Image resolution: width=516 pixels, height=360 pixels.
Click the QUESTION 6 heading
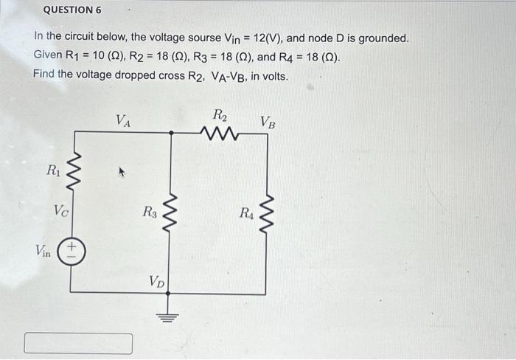point(72,10)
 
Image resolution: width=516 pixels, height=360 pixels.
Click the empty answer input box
point(79,344)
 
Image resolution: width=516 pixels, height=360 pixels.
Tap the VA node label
point(123,121)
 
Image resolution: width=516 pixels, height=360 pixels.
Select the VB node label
point(268,122)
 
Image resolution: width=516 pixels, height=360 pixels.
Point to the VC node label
point(61,210)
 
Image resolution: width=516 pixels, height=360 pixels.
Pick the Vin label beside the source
point(43,250)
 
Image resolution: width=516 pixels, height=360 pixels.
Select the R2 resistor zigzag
point(220,134)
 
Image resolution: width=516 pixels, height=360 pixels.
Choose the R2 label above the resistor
point(220,115)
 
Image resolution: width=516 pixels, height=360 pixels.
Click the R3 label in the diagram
point(150,213)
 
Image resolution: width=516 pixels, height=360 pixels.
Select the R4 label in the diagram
point(246,214)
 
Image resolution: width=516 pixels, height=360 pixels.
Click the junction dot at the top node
point(170,133)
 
